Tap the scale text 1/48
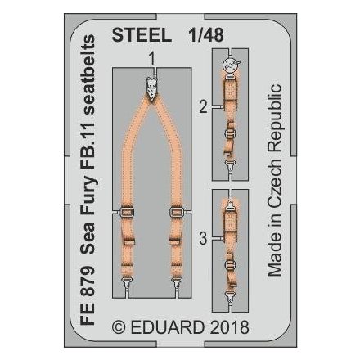coord(198,36)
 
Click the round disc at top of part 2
coord(232,61)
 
